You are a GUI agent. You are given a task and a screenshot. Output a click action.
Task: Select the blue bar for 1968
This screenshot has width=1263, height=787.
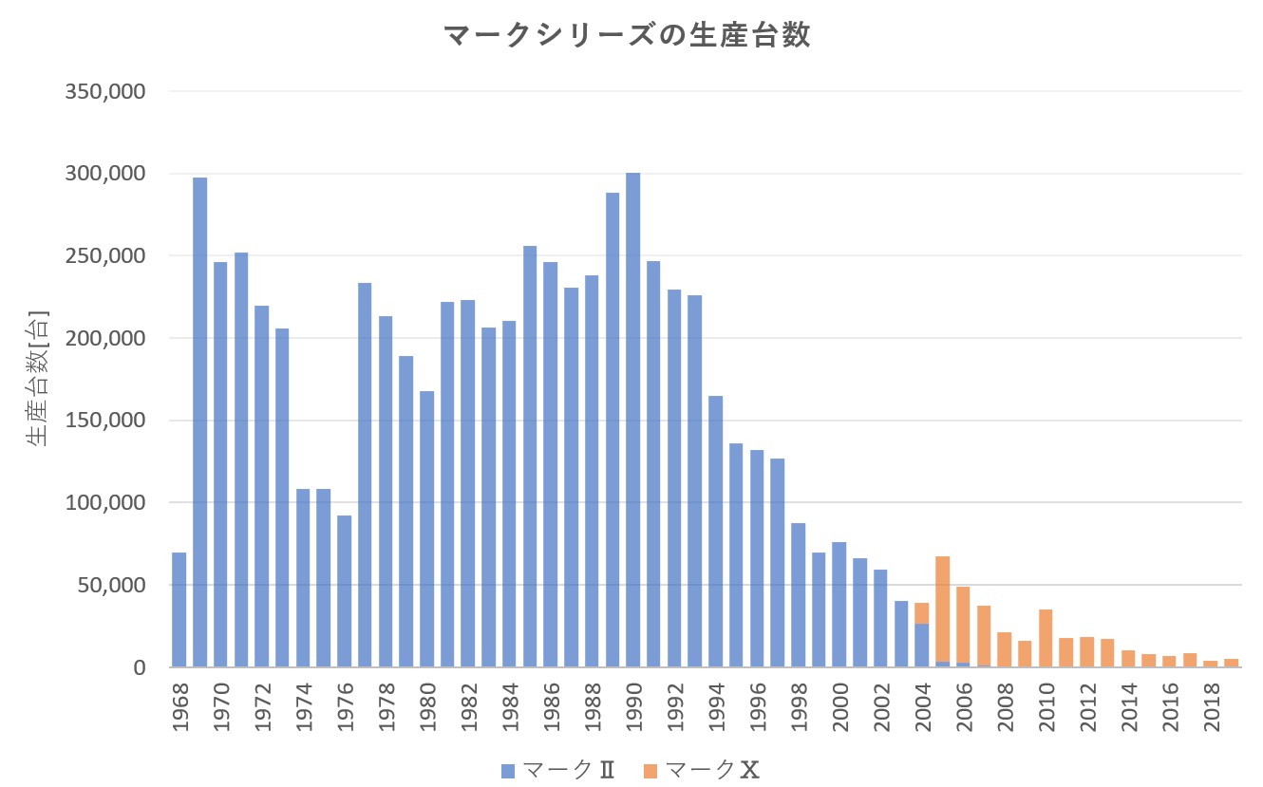[179, 609]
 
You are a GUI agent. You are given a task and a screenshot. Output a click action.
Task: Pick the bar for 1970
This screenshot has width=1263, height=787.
[220, 464]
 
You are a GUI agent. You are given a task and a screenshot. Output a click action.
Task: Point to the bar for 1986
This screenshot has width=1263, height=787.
[550, 464]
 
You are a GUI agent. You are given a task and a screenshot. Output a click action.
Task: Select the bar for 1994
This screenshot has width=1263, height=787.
[715, 532]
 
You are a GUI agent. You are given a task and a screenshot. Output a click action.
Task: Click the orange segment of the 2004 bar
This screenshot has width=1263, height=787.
[921, 613]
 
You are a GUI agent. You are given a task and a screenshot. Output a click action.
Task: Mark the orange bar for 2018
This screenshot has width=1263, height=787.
[1211, 664]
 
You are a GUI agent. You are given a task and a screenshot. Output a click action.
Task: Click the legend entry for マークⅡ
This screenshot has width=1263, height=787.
[558, 769]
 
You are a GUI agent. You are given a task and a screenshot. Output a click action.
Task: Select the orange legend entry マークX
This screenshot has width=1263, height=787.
[703, 769]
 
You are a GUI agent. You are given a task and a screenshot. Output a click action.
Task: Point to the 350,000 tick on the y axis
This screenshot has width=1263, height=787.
[104, 92]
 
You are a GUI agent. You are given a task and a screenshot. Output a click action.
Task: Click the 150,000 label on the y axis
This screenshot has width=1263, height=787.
[104, 421]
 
